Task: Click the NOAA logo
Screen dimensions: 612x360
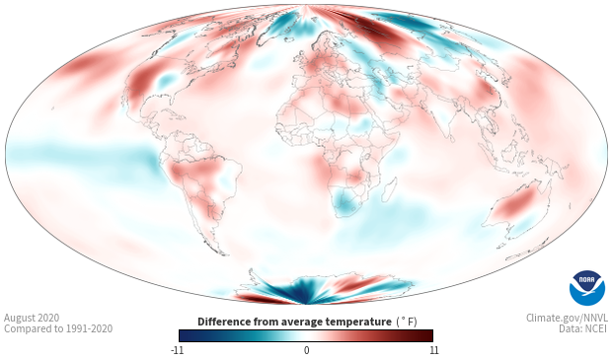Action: click(x=587, y=288)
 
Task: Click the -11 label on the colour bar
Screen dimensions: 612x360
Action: click(x=178, y=350)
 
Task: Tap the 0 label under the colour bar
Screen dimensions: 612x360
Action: click(x=306, y=350)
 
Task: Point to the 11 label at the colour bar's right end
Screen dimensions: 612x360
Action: click(x=434, y=350)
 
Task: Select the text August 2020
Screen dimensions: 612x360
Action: click(x=32, y=318)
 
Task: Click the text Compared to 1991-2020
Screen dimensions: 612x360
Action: click(x=58, y=328)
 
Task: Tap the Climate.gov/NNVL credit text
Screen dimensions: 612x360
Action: click(x=567, y=318)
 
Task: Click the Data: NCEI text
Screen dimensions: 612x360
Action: click(x=583, y=328)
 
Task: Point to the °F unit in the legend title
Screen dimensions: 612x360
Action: click(x=407, y=322)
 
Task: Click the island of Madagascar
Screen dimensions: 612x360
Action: click(x=389, y=189)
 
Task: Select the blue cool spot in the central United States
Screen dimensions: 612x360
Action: click(x=166, y=80)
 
